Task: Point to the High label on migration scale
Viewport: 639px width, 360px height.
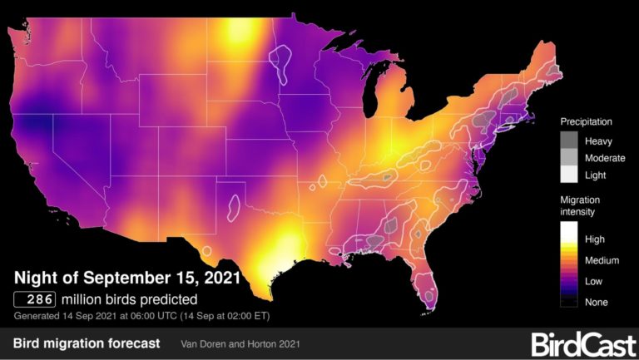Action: [597, 239]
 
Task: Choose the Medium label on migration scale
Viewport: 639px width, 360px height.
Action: [602, 260]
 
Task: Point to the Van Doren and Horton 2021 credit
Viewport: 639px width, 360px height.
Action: [240, 343]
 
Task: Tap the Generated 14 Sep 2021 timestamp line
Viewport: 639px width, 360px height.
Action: [141, 316]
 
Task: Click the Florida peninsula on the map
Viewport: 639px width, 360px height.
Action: [425, 279]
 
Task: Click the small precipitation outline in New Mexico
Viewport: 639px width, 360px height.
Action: [234, 205]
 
